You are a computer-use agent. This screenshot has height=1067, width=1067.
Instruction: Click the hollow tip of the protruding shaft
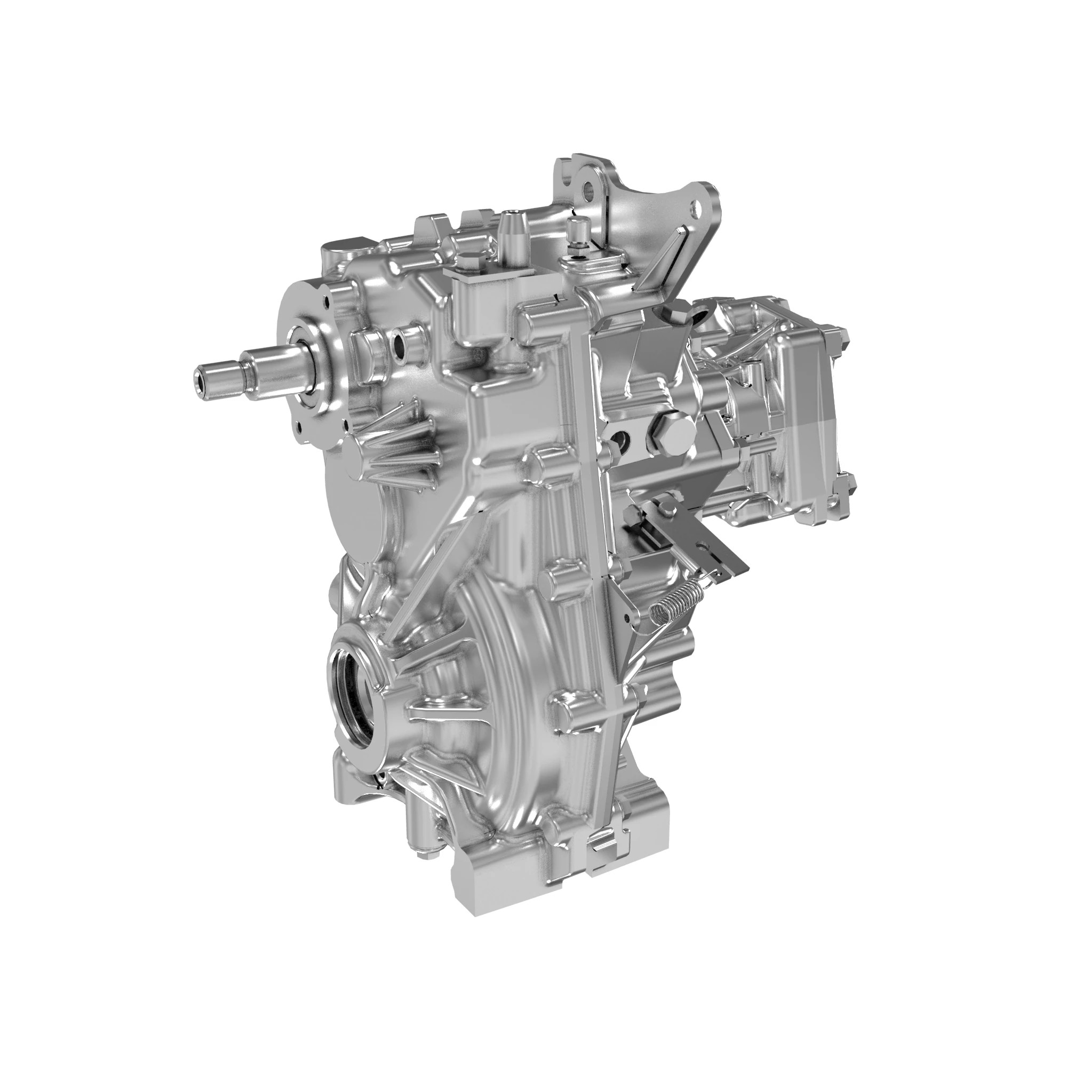click(200, 379)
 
